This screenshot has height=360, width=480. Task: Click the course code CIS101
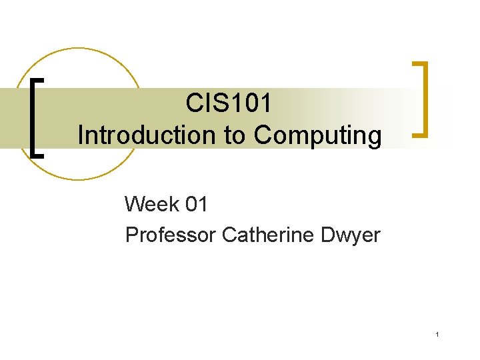tap(229, 104)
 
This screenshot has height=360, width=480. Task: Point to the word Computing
tap(317, 135)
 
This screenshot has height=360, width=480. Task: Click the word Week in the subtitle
tap(149, 204)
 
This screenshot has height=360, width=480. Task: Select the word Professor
tap(171, 235)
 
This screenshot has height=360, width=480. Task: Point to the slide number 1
tap(437, 334)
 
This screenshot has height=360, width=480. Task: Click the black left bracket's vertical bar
tap(34, 117)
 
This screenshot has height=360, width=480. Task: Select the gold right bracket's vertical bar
tap(424, 99)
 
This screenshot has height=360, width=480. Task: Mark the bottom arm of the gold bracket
tap(419, 134)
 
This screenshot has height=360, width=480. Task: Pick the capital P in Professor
tap(131, 235)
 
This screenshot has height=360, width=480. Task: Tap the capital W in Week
tap(135, 204)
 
